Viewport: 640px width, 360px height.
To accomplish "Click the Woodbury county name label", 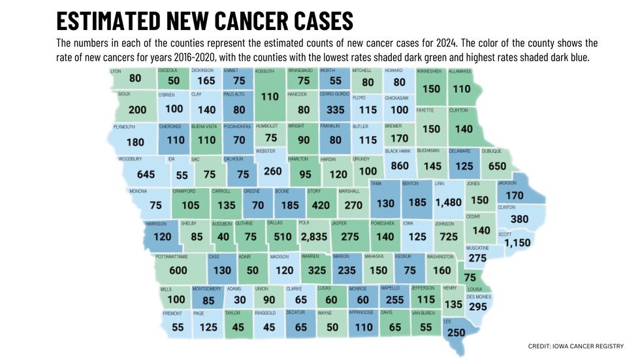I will pyautogui.click(x=130, y=159).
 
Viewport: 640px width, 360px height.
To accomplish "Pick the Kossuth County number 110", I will pyautogui.click(x=269, y=97).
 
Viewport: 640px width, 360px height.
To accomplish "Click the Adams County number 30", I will pyautogui.click(x=240, y=301).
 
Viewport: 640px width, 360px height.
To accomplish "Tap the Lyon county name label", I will pyautogui.click(x=116, y=71).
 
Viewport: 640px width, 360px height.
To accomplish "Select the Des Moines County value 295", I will pyautogui.click(x=478, y=307).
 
